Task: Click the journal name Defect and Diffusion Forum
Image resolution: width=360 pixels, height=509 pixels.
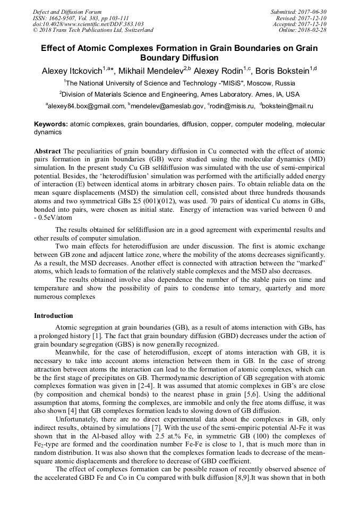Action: pos(67,12)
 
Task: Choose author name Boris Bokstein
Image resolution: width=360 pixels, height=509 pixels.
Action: pos(279,71)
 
